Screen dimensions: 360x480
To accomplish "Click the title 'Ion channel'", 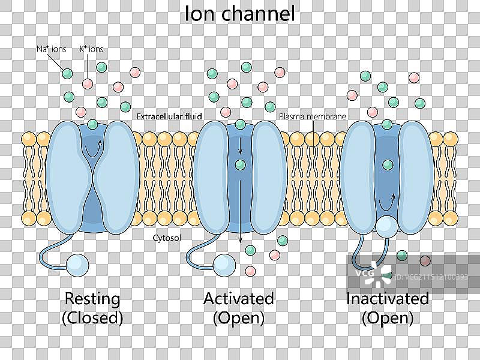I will (239, 13).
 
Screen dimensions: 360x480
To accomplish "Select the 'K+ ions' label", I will (92, 49).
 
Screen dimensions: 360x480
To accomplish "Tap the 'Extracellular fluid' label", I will (169, 116).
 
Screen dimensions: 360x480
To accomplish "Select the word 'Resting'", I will (92, 298).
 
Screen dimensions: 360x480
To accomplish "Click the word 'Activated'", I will (238, 298).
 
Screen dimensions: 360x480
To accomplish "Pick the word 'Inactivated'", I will (387, 298).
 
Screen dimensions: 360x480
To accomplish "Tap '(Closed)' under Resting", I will (92, 318).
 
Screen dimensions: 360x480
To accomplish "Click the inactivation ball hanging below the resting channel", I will (76, 264).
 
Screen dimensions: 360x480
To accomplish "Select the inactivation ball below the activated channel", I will (224, 264).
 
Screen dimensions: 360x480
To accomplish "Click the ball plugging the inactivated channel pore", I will (386, 226).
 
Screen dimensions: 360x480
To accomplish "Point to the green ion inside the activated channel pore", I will (241, 164).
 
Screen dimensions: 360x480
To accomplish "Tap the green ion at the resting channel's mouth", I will (92, 125).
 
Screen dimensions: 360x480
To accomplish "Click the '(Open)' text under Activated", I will (238, 318).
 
